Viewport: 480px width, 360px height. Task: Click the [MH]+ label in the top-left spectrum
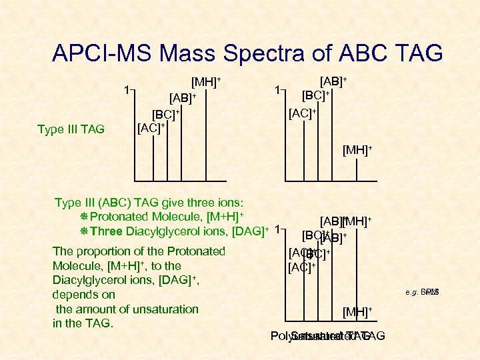point(206,83)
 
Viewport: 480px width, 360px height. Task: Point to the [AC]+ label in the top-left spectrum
point(151,127)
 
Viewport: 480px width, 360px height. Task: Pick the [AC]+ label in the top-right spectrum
point(302,113)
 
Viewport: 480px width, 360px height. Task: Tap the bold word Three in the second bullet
point(107,231)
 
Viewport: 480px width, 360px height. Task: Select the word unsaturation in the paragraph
point(165,309)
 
